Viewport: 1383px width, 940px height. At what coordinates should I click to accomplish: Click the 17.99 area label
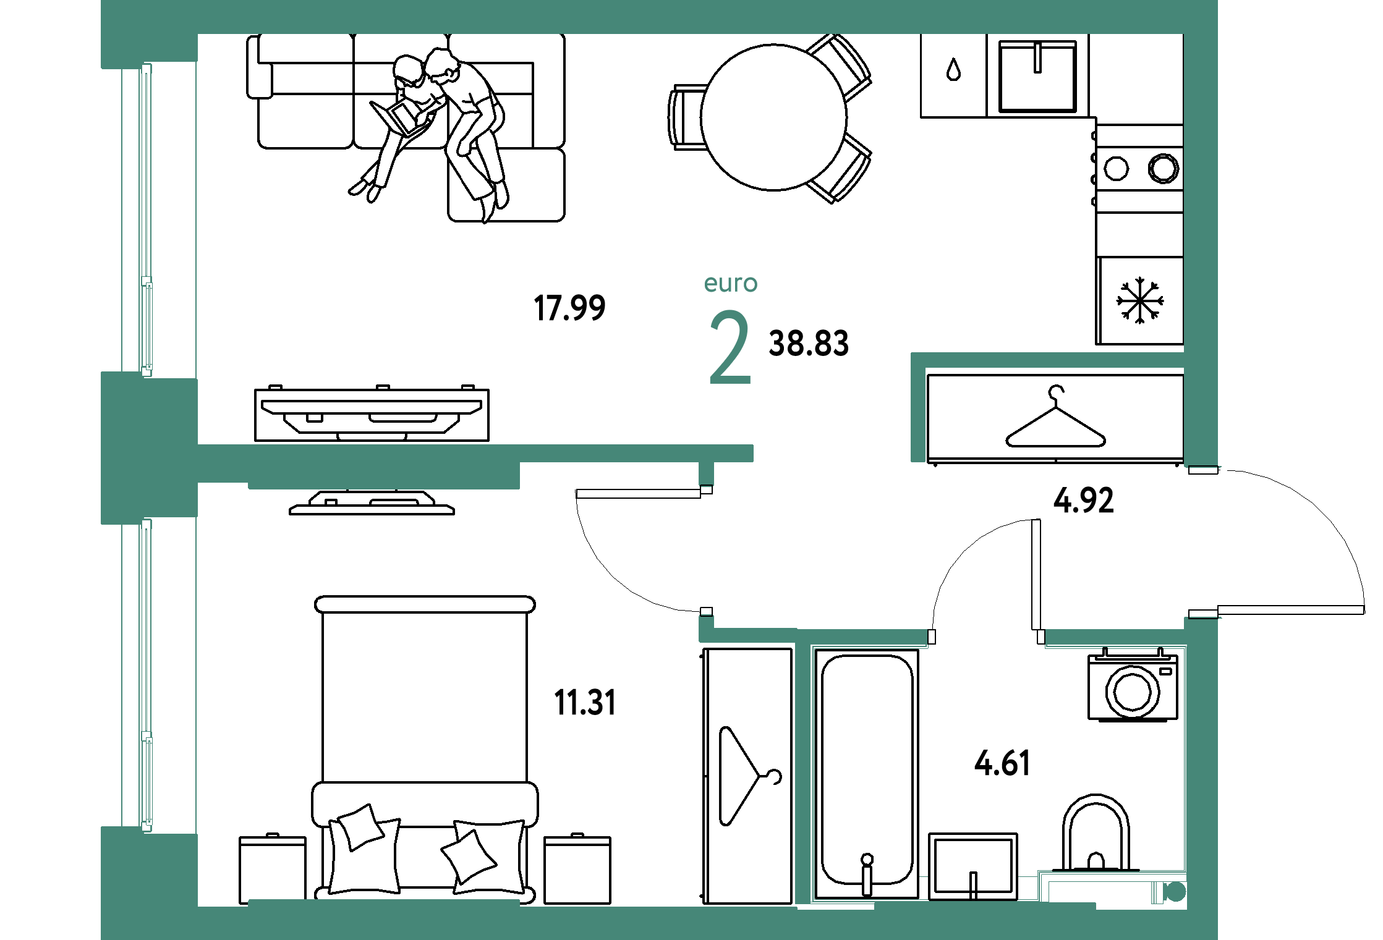(569, 308)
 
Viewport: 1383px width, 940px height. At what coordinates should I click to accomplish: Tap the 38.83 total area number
(808, 343)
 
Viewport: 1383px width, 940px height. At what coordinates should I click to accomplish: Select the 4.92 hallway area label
(1083, 500)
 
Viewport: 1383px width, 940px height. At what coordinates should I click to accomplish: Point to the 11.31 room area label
(585, 703)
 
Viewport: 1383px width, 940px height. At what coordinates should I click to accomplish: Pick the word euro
(731, 283)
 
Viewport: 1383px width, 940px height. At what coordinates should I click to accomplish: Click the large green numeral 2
(730, 347)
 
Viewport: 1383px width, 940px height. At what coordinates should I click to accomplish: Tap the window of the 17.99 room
(147, 219)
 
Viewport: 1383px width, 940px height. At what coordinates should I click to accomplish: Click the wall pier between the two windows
(148, 448)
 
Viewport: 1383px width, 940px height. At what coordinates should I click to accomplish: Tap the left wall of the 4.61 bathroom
(803, 766)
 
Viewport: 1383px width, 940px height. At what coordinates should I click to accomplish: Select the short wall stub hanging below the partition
(706, 474)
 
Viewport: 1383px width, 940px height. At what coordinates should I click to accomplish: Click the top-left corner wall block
(149, 34)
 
